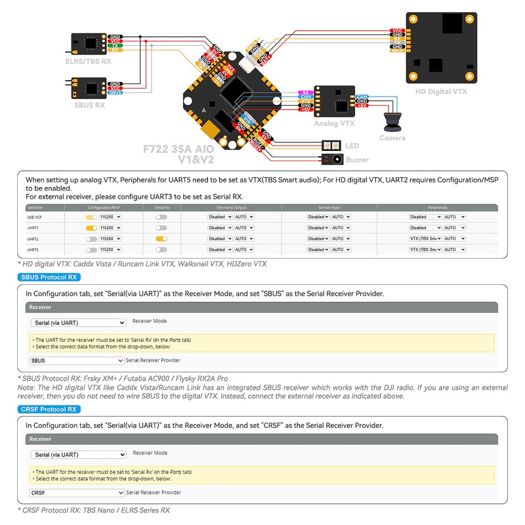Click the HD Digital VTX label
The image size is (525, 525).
point(441,92)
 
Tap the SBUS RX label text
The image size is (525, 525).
point(90,105)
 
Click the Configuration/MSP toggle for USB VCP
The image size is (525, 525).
point(91,217)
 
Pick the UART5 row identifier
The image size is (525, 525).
point(32,250)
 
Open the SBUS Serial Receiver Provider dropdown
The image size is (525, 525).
point(77,360)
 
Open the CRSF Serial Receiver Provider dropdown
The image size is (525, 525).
point(77,492)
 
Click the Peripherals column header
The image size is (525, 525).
point(437,207)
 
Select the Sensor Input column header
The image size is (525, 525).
point(329,207)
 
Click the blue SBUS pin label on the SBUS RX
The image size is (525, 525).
point(115,93)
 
